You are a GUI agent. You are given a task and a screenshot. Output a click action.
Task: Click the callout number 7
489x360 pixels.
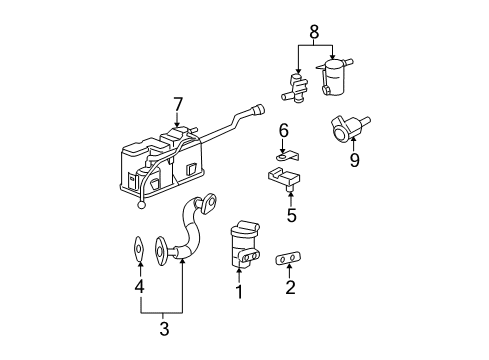point(178,104)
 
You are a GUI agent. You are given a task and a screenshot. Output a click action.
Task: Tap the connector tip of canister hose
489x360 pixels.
point(262,110)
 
